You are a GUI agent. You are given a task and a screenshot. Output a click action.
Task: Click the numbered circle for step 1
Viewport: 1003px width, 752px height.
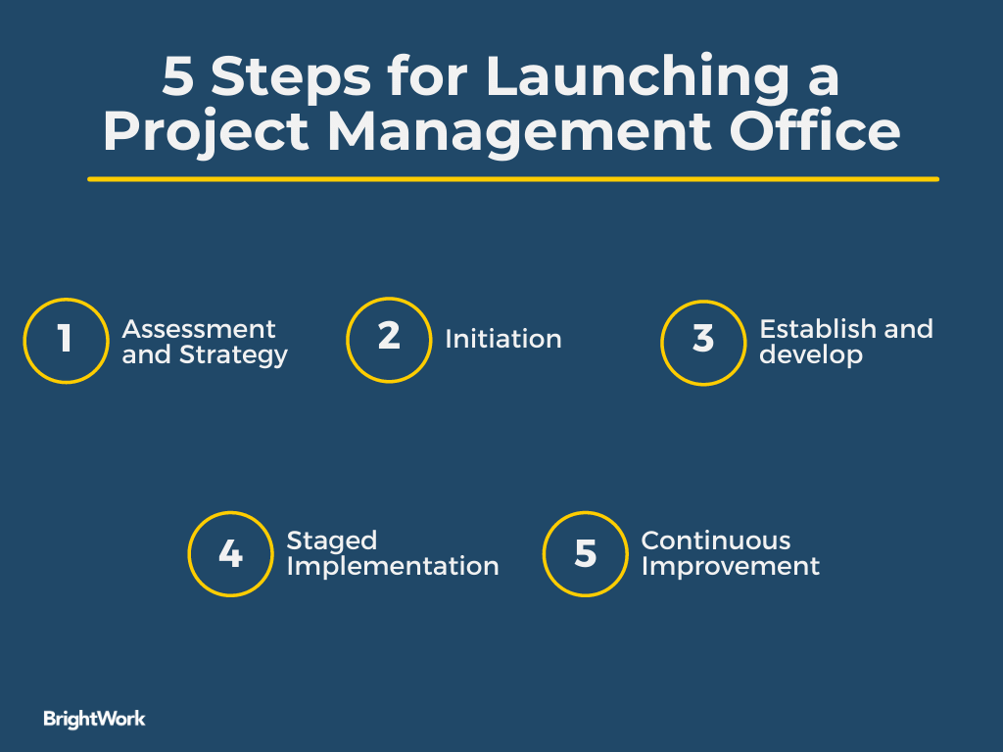tap(65, 340)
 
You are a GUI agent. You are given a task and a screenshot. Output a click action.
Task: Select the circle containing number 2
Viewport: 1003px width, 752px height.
tap(389, 339)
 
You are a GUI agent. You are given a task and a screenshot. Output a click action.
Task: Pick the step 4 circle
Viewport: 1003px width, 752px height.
tap(230, 554)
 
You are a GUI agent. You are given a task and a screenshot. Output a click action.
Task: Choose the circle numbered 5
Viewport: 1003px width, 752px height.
tap(585, 554)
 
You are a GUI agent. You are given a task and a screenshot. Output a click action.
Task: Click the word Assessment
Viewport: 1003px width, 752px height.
tap(199, 329)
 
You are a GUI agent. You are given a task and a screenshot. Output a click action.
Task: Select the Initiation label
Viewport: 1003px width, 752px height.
tap(503, 340)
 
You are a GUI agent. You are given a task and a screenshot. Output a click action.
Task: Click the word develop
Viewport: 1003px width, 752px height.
tap(810, 354)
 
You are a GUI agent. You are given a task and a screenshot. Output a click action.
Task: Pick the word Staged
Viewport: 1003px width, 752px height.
tap(331, 541)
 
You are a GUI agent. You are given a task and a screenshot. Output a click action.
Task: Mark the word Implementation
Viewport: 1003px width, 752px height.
tap(393, 566)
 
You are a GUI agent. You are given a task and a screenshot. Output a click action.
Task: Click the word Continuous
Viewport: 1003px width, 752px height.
tap(716, 541)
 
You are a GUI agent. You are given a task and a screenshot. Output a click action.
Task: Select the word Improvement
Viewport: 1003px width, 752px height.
tap(730, 566)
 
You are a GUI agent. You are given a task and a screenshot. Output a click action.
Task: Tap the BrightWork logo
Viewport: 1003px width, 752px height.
tap(94, 719)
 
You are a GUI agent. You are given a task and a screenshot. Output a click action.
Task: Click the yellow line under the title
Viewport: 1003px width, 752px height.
tap(512, 179)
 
